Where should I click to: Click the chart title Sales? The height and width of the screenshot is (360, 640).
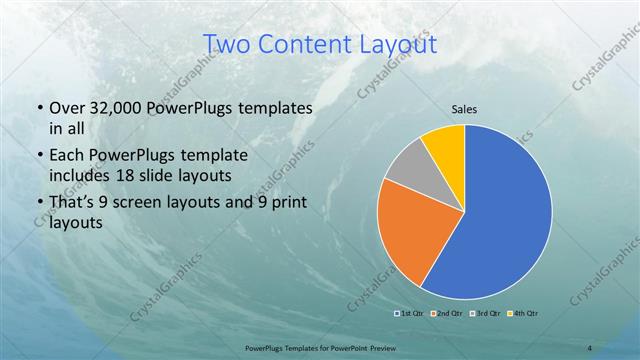click(463, 109)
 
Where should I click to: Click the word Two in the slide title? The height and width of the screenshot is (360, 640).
click(226, 44)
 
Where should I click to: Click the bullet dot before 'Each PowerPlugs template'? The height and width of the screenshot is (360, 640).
click(38, 157)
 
